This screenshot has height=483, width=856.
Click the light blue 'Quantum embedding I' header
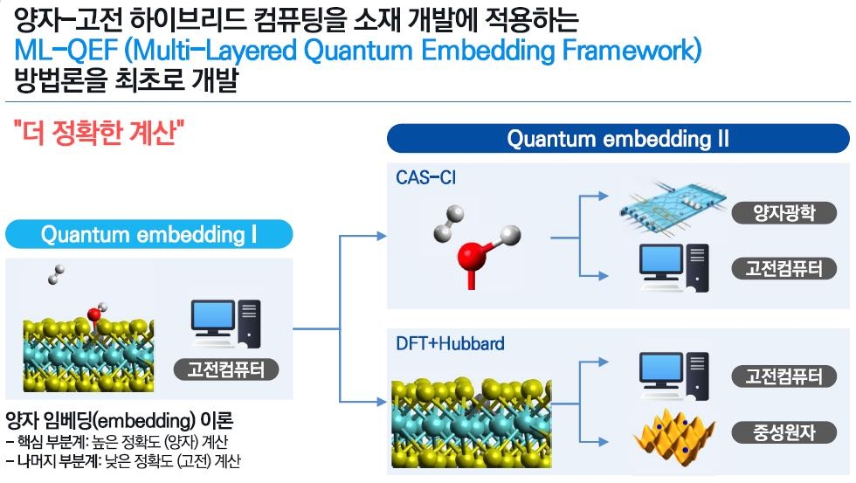(x=148, y=235)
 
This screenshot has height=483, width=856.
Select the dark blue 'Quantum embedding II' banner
(x=618, y=139)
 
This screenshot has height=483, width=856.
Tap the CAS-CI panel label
(x=425, y=178)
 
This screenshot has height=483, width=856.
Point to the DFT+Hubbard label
(x=450, y=343)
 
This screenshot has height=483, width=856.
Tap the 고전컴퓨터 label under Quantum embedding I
(x=226, y=369)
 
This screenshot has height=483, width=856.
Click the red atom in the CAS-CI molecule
(x=473, y=258)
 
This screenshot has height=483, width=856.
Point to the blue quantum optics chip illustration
(x=673, y=210)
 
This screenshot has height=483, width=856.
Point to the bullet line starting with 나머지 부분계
(x=123, y=460)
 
